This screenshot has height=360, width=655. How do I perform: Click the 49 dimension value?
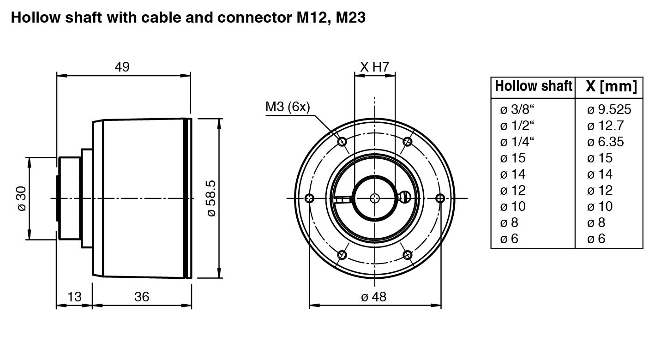click(x=122, y=67)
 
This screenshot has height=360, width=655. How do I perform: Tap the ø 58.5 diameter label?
click(x=211, y=198)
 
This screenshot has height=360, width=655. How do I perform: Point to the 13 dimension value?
click(x=74, y=296)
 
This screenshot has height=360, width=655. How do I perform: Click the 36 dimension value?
click(x=142, y=296)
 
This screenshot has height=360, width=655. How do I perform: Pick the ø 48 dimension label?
click(x=373, y=296)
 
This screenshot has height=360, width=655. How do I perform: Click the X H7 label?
click(x=375, y=67)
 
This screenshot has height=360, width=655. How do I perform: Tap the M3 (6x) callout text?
click(x=288, y=107)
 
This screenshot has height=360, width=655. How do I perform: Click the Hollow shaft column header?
click(x=533, y=86)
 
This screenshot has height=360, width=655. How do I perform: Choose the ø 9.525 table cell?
click(x=609, y=109)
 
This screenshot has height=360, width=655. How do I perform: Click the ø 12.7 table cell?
click(x=605, y=126)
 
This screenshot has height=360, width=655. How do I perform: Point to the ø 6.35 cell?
click(x=605, y=142)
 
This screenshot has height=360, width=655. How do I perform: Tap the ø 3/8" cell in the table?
click(x=520, y=109)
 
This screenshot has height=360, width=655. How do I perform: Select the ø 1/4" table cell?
click(x=520, y=142)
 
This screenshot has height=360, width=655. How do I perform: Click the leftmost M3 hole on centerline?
click(x=310, y=198)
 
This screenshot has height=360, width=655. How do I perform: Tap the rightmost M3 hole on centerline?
click(x=440, y=198)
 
